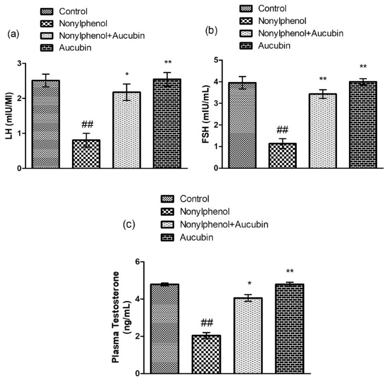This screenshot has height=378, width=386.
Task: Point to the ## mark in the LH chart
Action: point(86,123)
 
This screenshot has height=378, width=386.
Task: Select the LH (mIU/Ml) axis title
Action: point(9,116)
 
